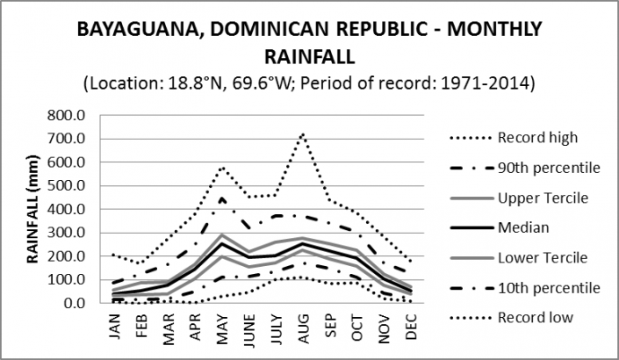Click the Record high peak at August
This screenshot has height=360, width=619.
pyautogui.click(x=303, y=133)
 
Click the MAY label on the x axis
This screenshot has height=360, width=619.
pyautogui.click(x=223, y=331)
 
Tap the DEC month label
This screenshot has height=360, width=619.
pyautogui.click(x=410, y=331)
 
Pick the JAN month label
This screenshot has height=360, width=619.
pyautogui.click(x=117, y=331)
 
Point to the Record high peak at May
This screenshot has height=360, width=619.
pyautogui.click(x=223, y=167)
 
